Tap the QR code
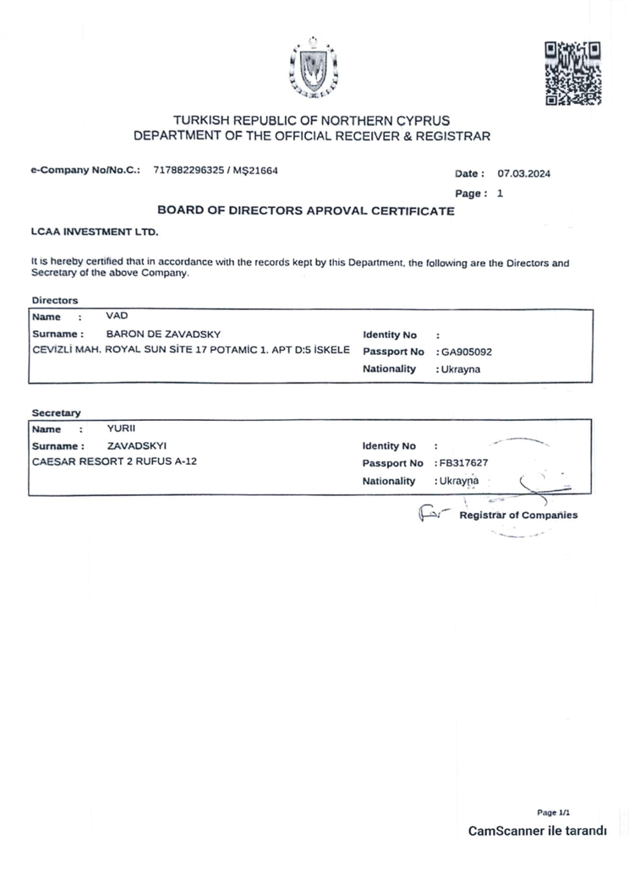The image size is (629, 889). pyautogui.click(x=572, y=73)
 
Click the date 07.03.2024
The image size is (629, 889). pyautogui.click(x=524, y=174)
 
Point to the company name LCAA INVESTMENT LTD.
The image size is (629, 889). pyautogui.click(x=94, y=231)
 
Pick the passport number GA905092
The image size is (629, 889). pyautogui.click(x=465, y=352)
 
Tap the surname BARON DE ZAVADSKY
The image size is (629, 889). pyautogui.click(x=163, y=334)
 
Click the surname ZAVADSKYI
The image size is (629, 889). pyautogui.click(x=137, y=445)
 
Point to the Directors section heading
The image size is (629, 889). pyautogui.click(x=54, y=300)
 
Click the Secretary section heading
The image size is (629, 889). pyautogui.click(x=56, y=412)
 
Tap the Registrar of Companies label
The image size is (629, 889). pyautogui.click(x=518, y=515)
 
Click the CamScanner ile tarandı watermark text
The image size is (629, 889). pyautogui.click(x=538, y=831)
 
